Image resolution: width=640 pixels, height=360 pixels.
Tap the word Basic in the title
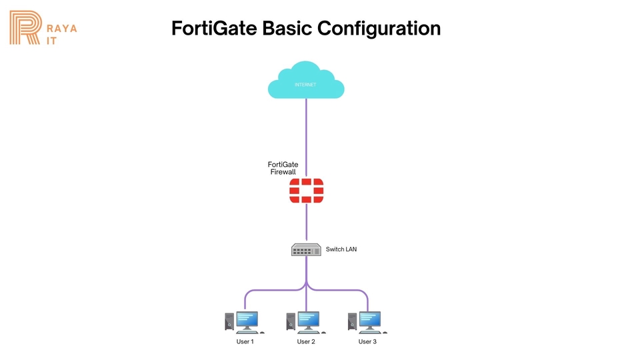coord(287,29)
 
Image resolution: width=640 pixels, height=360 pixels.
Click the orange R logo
coord(25,27)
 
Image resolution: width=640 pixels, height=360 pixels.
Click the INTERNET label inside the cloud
coord(305,85)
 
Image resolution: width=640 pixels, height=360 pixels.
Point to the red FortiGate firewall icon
coord(306,191)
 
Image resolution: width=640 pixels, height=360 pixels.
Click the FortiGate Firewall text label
coord(282,168)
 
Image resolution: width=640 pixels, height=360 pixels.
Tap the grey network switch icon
coord(306,249)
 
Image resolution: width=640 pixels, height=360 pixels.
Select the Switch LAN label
coord(341,249)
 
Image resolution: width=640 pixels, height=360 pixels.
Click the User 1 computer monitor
coord(247,320)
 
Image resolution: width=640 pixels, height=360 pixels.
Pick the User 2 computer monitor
coord(308,320)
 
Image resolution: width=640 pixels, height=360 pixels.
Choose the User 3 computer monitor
coord(369,320)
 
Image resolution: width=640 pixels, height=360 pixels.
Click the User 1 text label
coord(245,342)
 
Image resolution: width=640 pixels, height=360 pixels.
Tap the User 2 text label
coord(306,342)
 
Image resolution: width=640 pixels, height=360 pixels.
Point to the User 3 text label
coord(367,342)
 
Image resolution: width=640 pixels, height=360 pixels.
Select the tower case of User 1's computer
coord(230,322)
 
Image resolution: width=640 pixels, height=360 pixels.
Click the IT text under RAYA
coord(51,40)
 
